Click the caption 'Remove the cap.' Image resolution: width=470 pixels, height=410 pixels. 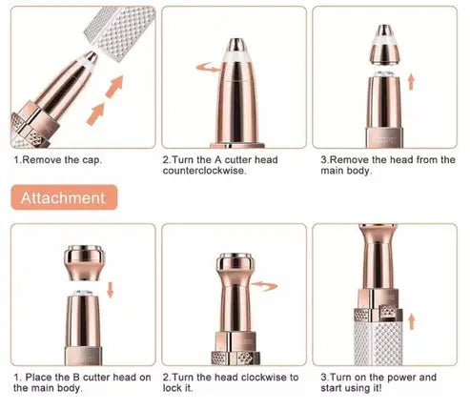[x=58, y=159]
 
